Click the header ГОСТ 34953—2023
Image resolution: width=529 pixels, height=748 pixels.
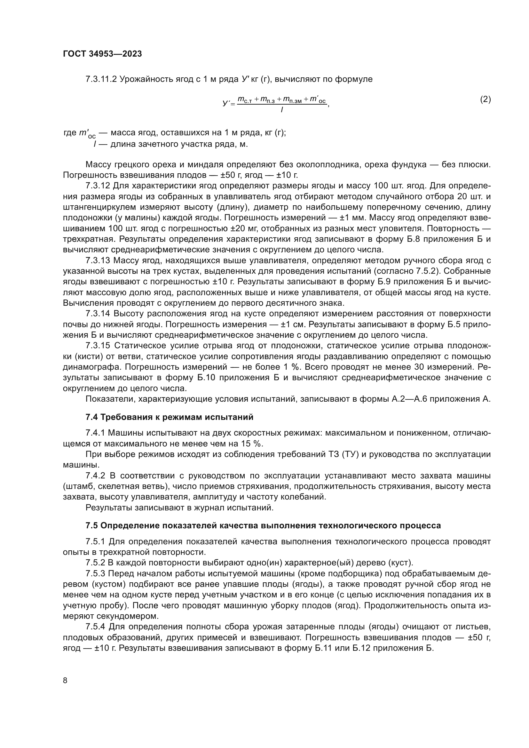(x=102, y=54)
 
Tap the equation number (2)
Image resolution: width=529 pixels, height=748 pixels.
(x=486, y=99)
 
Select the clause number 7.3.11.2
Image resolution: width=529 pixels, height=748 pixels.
(x=101, y=79)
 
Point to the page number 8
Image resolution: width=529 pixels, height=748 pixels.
(x=65, y=680)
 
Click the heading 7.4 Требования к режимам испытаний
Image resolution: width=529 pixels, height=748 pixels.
(x=170, y=417)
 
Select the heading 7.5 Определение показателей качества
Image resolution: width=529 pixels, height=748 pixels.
(x=263, y=525)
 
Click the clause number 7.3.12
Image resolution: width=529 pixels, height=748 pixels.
(x=98, y=186)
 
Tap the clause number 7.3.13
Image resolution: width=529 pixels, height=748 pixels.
(x=98, y=261)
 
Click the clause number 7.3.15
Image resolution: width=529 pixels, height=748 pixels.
(x=98, y=346)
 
